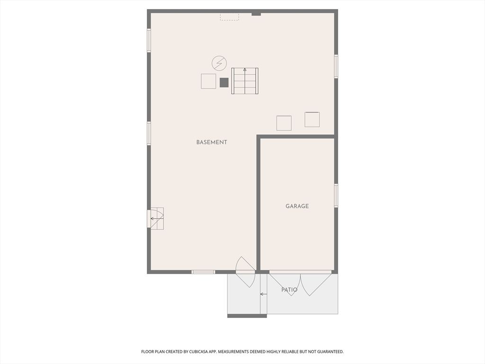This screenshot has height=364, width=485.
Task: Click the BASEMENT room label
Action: pyautogui.click(x=212, y=142)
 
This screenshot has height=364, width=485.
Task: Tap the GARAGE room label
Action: pyautogui.click(x=297, y=206)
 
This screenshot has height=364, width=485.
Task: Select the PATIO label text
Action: pyautogui.click(x=289, y=290)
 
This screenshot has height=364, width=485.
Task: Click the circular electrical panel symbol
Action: pyautogui.click(x=219, y=63)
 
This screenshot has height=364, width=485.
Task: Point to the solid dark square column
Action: pyautogui.click(x=224, y=82)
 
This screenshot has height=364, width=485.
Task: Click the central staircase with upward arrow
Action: pyautogui.click(x=245, y=81)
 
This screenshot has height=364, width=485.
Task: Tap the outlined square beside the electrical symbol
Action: pyautogui.click(x=208, y=81)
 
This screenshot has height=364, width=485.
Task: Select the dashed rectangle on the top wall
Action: pyautogui.click(x=229, y=17)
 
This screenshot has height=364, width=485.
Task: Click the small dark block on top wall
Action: pyautogui.click(x=256, y=13)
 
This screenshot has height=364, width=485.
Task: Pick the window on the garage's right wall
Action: pyautogui.click(x=336, y=195)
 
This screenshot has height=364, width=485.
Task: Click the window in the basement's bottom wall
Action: pyautogui.click(x=203, y=272)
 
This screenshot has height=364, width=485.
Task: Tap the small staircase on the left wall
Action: pyautogui.click(x=156, y=218)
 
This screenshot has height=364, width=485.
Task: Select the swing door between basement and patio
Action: pyautogui.click(x=245, y=272)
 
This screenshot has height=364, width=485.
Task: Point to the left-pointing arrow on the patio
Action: pyautogui.click(x=263, y=294)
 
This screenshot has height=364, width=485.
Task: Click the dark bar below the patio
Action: pyautogui.click(x=247, y=316)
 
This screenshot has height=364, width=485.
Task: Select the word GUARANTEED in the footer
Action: pyautogui.click(x=328, y=352)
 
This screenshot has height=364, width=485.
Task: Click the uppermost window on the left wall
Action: pyautogui.click(x=149, y=40)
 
